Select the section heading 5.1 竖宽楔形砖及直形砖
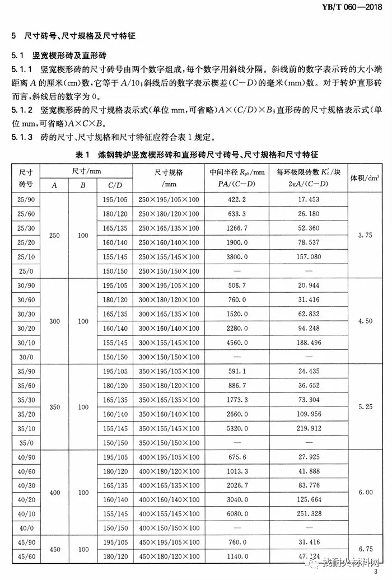click(58, 57)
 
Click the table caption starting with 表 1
click(196, 153)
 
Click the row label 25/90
click(26, 199)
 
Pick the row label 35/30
click(26, 400)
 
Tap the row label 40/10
click(26, 513)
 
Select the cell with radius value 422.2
click(235, 199)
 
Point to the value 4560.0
click(235, 341)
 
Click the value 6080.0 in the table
click(235, 513)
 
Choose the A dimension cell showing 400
click(54, 492)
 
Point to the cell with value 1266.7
click(235, 228)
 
